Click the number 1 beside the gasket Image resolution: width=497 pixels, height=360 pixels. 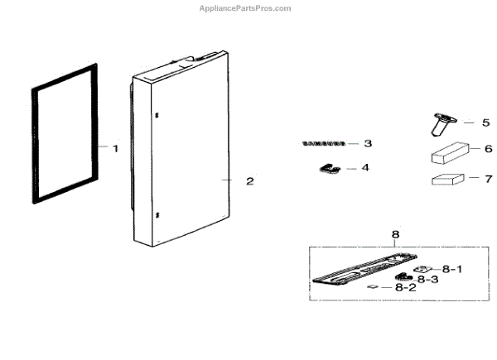pos(116,149)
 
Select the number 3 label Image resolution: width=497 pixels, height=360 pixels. pos(368,143)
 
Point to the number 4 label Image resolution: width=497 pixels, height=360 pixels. pos(364,168)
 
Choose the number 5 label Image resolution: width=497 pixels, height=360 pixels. pos(486,122)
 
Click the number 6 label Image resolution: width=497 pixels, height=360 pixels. pos(488,150)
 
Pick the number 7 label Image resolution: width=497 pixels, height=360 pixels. pos(488,178)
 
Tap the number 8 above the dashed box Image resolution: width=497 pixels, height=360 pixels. pos(394,236)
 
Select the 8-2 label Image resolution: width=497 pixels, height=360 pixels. pos(406,288)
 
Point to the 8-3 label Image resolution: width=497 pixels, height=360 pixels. pos(427,280)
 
